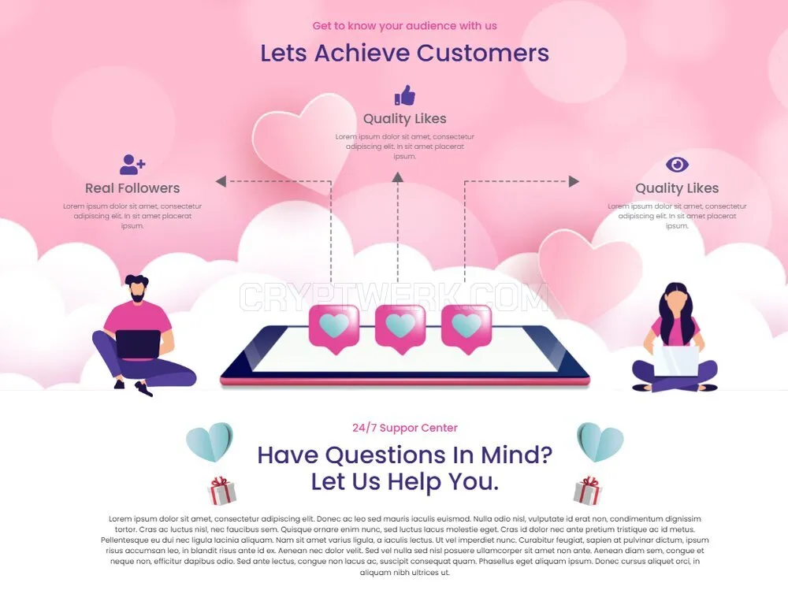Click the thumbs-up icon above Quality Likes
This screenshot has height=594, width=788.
pos(404,95)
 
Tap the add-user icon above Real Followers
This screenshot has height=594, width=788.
pos(132,165)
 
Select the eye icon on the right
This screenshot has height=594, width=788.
pos(677,165)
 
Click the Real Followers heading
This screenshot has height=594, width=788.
pos(132,188)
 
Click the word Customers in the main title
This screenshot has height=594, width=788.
pos(482,53)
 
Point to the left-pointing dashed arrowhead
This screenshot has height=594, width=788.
pos(221,181)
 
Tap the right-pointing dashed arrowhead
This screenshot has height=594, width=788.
pos(574,181)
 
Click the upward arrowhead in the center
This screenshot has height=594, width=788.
pos(397,177)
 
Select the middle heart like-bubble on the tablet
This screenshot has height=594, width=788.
pos(400,329)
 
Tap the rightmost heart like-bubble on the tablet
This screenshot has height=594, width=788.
pos(466,329)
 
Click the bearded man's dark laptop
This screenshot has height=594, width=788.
pos(138,344)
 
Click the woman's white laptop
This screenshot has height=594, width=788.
pos(676,360)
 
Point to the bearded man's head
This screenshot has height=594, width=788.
pos(136,289)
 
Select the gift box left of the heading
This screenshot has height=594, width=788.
pos(221,491)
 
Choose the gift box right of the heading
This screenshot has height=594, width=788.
pos(587,491)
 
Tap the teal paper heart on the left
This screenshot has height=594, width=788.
pos(210,442)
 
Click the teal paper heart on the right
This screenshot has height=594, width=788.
pos(600,442)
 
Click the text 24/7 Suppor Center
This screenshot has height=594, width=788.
pos(404,428)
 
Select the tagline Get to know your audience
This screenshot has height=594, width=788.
pos(404,26)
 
